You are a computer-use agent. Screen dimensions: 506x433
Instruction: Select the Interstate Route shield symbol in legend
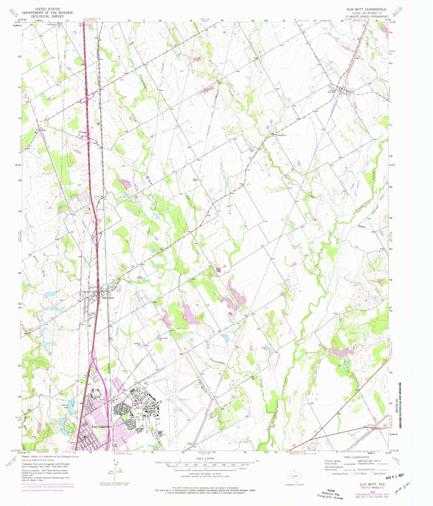click(x=330, y=474)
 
